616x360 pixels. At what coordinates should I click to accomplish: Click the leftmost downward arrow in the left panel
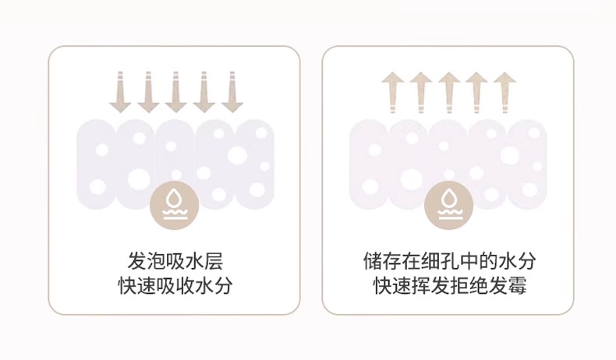(121, 92)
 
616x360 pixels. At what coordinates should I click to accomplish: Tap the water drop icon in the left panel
(175, 205)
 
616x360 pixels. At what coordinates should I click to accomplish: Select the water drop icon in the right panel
(449, 205)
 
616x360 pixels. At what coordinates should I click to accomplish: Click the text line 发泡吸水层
(175, 260)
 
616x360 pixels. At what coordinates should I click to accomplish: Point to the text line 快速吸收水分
(175, 286)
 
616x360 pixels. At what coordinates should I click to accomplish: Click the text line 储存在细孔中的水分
(449, 260)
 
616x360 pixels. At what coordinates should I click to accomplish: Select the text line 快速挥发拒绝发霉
(449, 286)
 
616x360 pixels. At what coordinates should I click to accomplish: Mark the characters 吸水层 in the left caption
(194, 260)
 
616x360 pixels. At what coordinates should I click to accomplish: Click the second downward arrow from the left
(148, 92)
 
